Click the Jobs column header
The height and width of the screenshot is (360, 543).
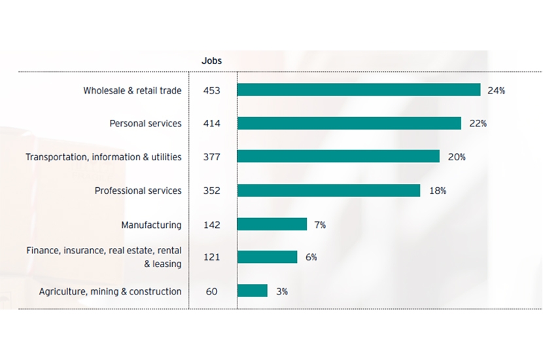pos(211,61)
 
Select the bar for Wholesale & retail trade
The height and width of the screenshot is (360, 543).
pos(359,90)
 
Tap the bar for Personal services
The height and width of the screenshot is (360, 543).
pos(349,123)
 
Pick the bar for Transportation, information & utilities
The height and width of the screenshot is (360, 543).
pos(338,156)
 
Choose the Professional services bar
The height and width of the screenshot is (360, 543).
pos(328,190)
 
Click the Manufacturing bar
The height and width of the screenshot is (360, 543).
pos(272,225)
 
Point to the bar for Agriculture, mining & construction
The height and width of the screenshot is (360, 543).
pos(253,291)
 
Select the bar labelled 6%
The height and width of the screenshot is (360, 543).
pos(267,257)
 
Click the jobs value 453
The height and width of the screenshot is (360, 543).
pos(211,90)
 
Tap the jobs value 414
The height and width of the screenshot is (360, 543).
pos(211,123)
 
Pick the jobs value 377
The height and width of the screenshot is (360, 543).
pos(211,156)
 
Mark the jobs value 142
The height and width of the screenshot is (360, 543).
pos(211,225)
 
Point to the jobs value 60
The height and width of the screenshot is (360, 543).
pos(211,291)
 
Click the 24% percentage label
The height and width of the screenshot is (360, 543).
pos(496,90)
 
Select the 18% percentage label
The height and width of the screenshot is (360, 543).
pos(438,190)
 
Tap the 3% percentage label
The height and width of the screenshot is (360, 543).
pos(282,291)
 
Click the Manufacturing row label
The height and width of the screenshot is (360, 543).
pos(151,225)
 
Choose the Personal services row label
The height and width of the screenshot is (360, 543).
pos(145,123)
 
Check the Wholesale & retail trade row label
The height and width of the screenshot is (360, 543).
pos(132,90)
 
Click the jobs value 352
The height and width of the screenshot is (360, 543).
pos(211,190)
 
